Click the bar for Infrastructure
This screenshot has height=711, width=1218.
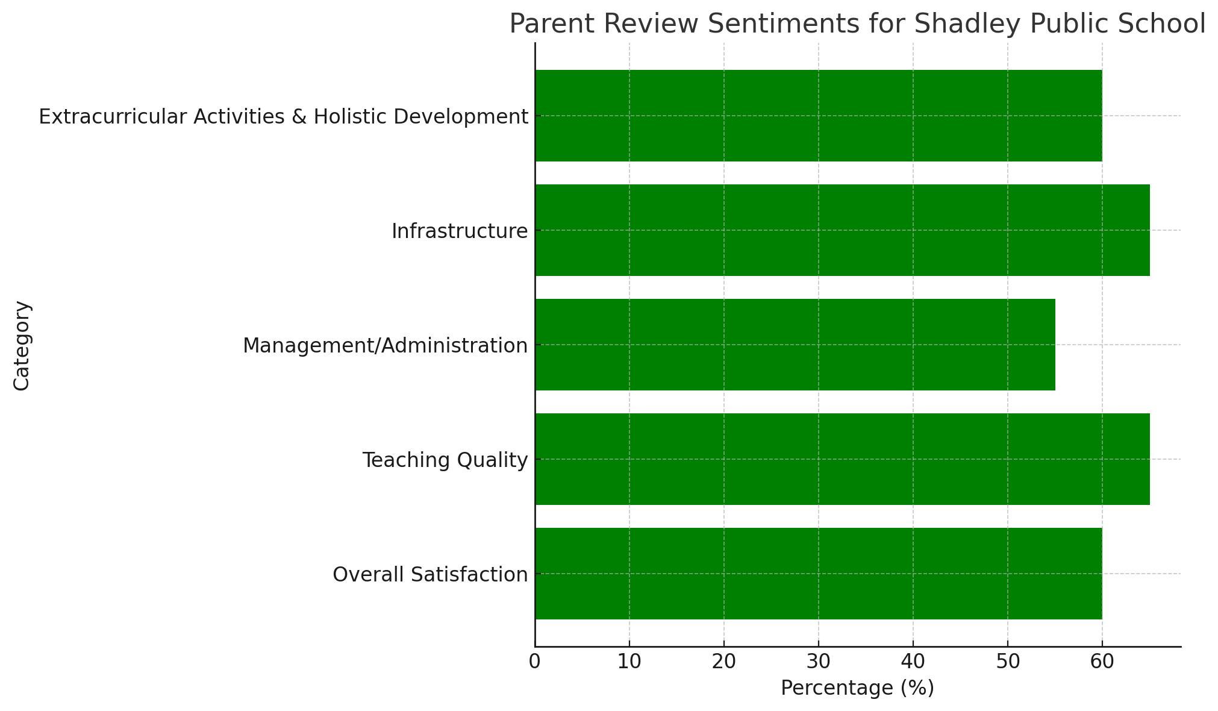coord(842,230)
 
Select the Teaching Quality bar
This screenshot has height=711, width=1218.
coord(842,459)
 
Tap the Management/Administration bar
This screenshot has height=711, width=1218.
coord(795,345)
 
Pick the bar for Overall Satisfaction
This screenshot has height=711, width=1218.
coord(819,574)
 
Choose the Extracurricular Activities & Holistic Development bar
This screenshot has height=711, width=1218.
coord(819,116)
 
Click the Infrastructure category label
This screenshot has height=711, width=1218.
coord(460,231)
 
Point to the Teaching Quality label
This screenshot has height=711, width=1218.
coord(445,460)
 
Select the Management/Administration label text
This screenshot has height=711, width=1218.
coord(386,346)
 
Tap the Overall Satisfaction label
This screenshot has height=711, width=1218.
coord(430,575)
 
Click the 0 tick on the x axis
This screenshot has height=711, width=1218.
coord(535,662)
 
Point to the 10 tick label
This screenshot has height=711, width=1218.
coord(629,662)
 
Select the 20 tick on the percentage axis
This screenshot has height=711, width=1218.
coord(724,662)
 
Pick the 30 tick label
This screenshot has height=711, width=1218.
coord(819,662)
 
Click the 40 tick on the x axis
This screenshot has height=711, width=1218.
coord(913,662)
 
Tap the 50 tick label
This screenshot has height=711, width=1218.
coord(1008,662)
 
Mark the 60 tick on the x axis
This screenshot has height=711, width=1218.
coord(1102,662)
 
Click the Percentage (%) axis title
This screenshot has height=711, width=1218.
coord(857,688)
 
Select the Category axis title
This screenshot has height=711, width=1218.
coord(22,345)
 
